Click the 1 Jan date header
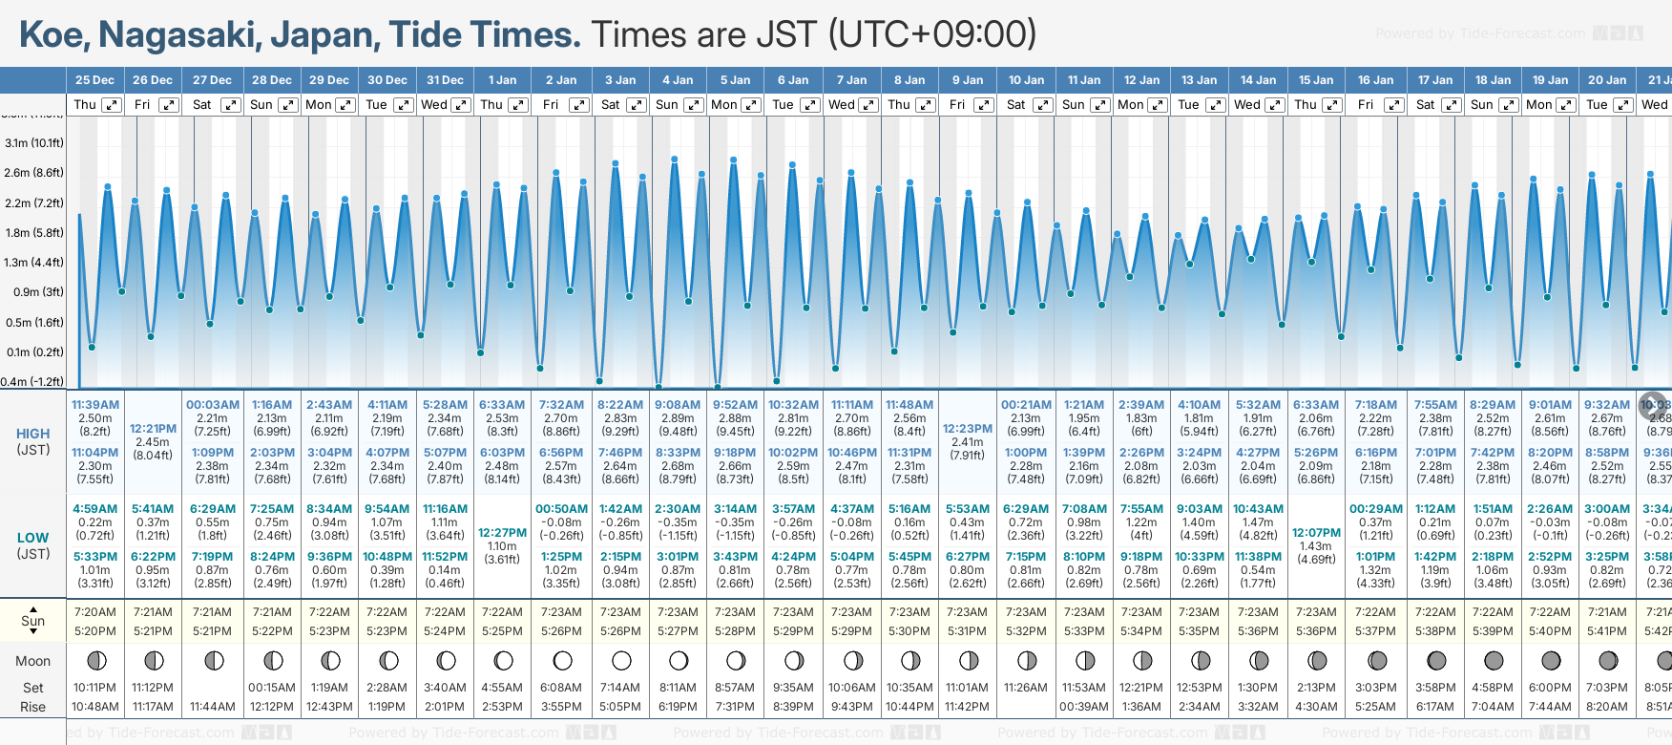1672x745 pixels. [x=502, y=80]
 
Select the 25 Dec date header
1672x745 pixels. [x=94, y=80]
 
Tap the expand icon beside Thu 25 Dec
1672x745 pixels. [x=111, y=105]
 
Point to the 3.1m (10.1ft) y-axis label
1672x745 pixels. [x=34, y=143]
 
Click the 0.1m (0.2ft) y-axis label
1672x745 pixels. [x=34, y=351]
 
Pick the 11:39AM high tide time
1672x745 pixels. [x=95, y=405]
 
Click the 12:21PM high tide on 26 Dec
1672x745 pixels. [x=153, y=429]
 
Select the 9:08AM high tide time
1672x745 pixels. [x=678, y=405]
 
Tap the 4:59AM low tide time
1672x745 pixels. [x=95, y=509]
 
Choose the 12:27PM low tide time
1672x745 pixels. [x=502, y=533]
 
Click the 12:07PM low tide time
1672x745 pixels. [x=1316, y=533]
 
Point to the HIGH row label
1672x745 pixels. [x=32, y=434]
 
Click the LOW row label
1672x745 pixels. [x=32, y=538]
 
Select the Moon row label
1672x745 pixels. [x=32, y=661]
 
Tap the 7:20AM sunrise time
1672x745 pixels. [x=95, y=612]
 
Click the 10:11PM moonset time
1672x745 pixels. [x=95, y=688]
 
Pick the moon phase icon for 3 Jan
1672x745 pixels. [x=621, y=661]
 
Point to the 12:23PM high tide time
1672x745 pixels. [x=968, y=429]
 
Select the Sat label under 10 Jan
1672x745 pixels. [x=1015, y=105]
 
